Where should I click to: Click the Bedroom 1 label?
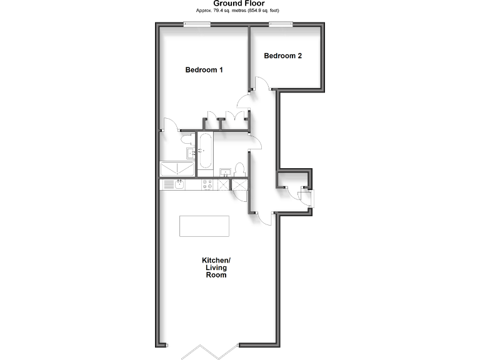pos(204,70)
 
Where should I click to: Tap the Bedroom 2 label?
pos(282,56)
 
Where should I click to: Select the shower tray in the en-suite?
pos(177,169)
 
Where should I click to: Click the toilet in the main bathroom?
pos(240,170)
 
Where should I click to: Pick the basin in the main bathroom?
pos(224,171)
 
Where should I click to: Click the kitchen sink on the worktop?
pos(179,184)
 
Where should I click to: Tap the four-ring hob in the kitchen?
pos(206,184)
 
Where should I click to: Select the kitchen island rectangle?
pos(204,226)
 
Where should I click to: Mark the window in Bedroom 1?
pos(197,24)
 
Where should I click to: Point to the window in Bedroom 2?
pos(281,24)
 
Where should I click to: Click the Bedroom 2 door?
pos(262,85)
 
